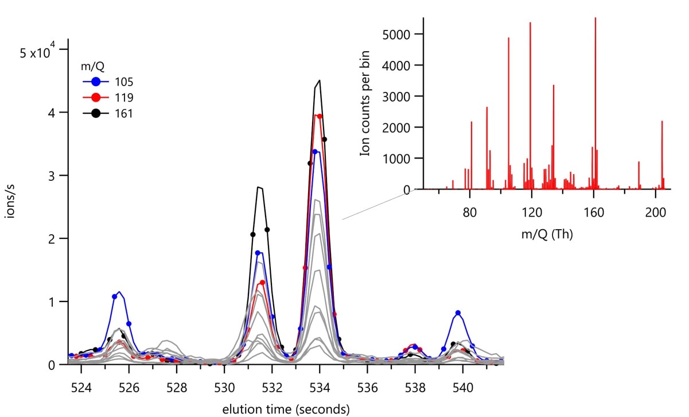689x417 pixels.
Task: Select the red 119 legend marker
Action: coord(96,98)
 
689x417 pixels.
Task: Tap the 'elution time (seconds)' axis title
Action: coord(286,409)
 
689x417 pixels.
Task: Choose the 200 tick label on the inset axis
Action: coord(656,211)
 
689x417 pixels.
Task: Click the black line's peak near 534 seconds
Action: coord(319,80)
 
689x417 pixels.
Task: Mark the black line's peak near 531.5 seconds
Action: coord(259,187)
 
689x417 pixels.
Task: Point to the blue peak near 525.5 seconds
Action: coord(119,292)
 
